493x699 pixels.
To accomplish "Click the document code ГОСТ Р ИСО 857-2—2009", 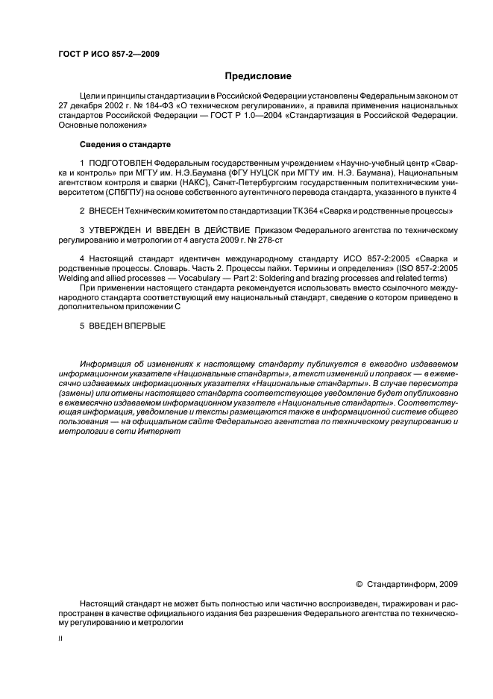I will [x=107, y=55].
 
